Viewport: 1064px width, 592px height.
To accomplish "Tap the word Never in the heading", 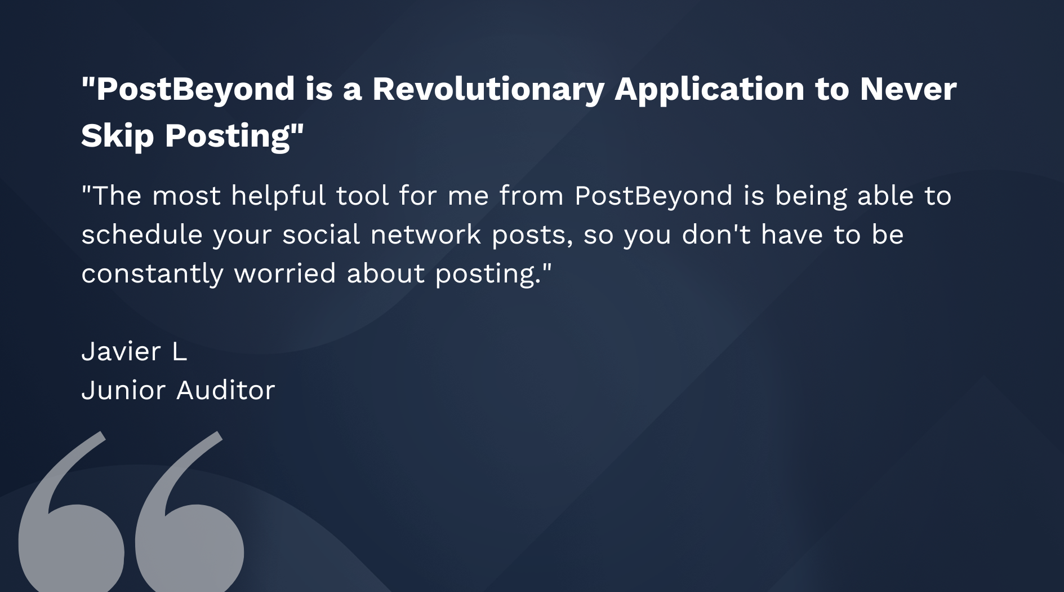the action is pyautogui.click(x=908, y=89).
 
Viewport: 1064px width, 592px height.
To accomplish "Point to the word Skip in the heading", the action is pyautogui.click(x=117, y=136).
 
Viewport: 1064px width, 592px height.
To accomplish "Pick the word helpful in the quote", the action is pyautogui.click(x=278, y=196).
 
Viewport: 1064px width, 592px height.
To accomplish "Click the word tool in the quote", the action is pyautogui.click(x=363, y=196).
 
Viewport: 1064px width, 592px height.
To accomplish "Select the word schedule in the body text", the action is pyautogui.click(x=142, y=235).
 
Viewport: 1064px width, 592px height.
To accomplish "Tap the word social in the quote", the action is pyautogui.click(x=321, y=235).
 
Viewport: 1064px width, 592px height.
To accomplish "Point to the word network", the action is pyautogui.click(x=426, y=235).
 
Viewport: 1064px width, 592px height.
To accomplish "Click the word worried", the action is pyautogui.click(x=285, y=273).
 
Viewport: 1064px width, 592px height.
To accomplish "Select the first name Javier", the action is pyautogui.click(x=121, y=352).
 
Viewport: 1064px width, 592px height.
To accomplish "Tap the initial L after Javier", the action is pyautogui.click(x=180, y=352).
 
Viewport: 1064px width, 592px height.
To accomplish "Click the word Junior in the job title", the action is pyautogui.click(x=123, y=390).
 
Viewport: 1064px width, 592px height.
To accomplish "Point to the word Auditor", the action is pyautogui.click(x=226, y=390).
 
